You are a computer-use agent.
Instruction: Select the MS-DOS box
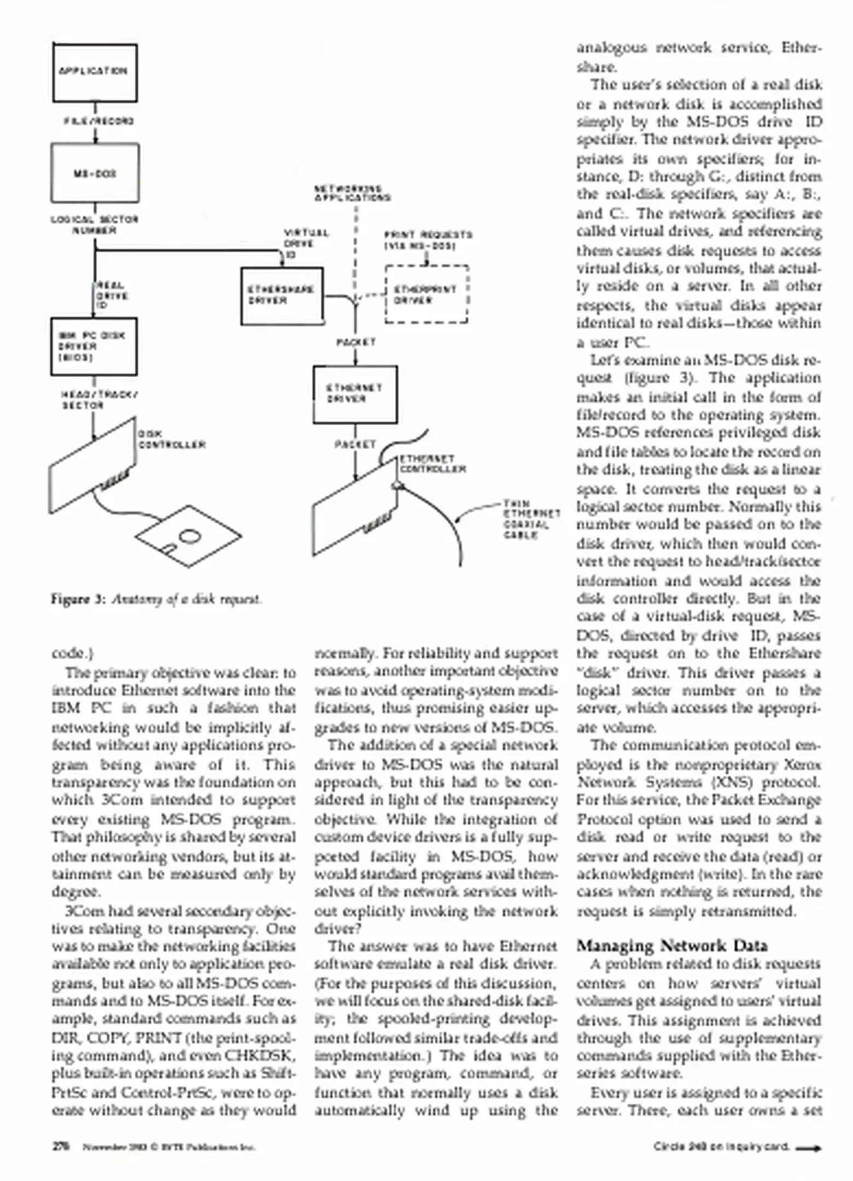coord(95,173)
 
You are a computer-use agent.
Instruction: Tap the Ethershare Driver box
coord(282,296)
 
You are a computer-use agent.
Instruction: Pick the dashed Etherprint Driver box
coord(426,294)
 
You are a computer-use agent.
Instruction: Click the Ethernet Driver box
coord(355,394)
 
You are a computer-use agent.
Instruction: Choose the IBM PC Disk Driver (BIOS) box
coord(94,347)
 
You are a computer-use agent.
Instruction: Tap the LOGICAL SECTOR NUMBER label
coord(95,225)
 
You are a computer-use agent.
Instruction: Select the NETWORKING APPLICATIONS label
coord(352,193)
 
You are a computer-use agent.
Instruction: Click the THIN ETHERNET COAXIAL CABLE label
coord(531,519)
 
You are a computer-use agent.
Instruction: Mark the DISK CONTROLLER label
coord(171,440)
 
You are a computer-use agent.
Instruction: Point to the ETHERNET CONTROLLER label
coord(432,464)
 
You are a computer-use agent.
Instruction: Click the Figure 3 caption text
coord(157,599)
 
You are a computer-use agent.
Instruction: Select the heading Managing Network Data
coord(672,945)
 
